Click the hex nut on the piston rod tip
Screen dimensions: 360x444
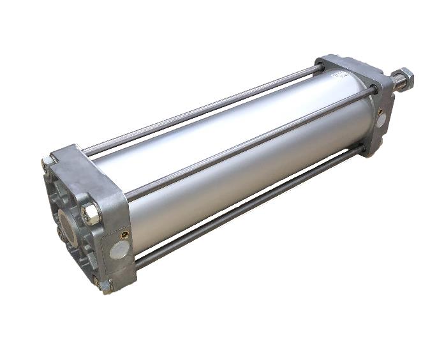point(403,79)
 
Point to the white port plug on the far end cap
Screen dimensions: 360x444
point(381,119)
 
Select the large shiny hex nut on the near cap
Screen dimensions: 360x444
point(91,212)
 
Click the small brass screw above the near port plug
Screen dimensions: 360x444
point(122,234)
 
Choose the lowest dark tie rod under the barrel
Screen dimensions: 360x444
point(249,211)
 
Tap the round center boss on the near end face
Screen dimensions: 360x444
point(68,223)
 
